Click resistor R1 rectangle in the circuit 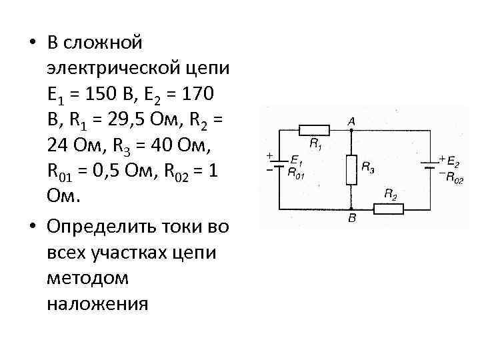tap(313, 130)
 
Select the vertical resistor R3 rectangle tap(351, 169)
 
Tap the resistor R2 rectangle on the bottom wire tap(388, 208)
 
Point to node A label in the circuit tap(351, 121)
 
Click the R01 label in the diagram tap(296, 171)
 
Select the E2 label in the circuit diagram tap(452, 161)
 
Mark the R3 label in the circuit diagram tap(367, 168)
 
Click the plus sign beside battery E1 tap(269, 156)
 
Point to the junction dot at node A tap(351, 130)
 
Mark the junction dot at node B tap(351, 208)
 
